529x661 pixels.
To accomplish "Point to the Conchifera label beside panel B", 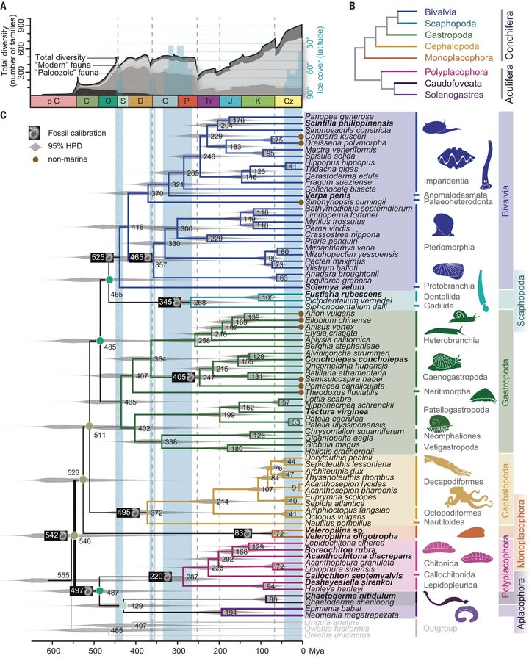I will pyautogui.click(x=514, y=34).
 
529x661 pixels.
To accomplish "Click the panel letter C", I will pyautogui.click(x=5, y=115).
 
